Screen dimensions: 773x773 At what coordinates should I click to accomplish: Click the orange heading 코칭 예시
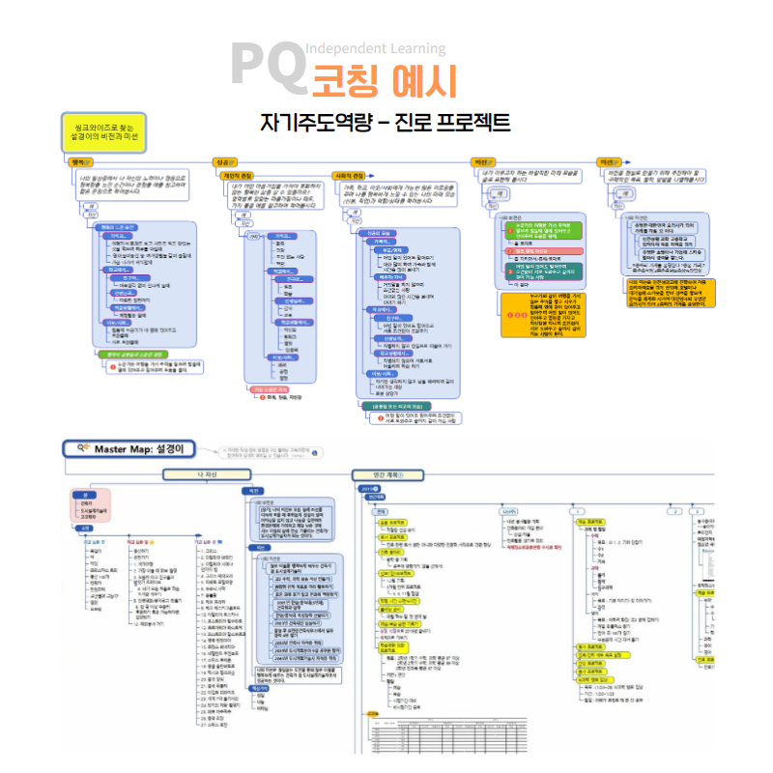[x=384, y=80]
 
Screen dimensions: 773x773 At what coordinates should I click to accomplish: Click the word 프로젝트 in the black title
[x=464, y=124]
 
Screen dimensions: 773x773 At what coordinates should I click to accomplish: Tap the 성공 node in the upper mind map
[x=225, y=161]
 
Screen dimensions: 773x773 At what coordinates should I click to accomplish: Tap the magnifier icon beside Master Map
[x=84, y=447]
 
